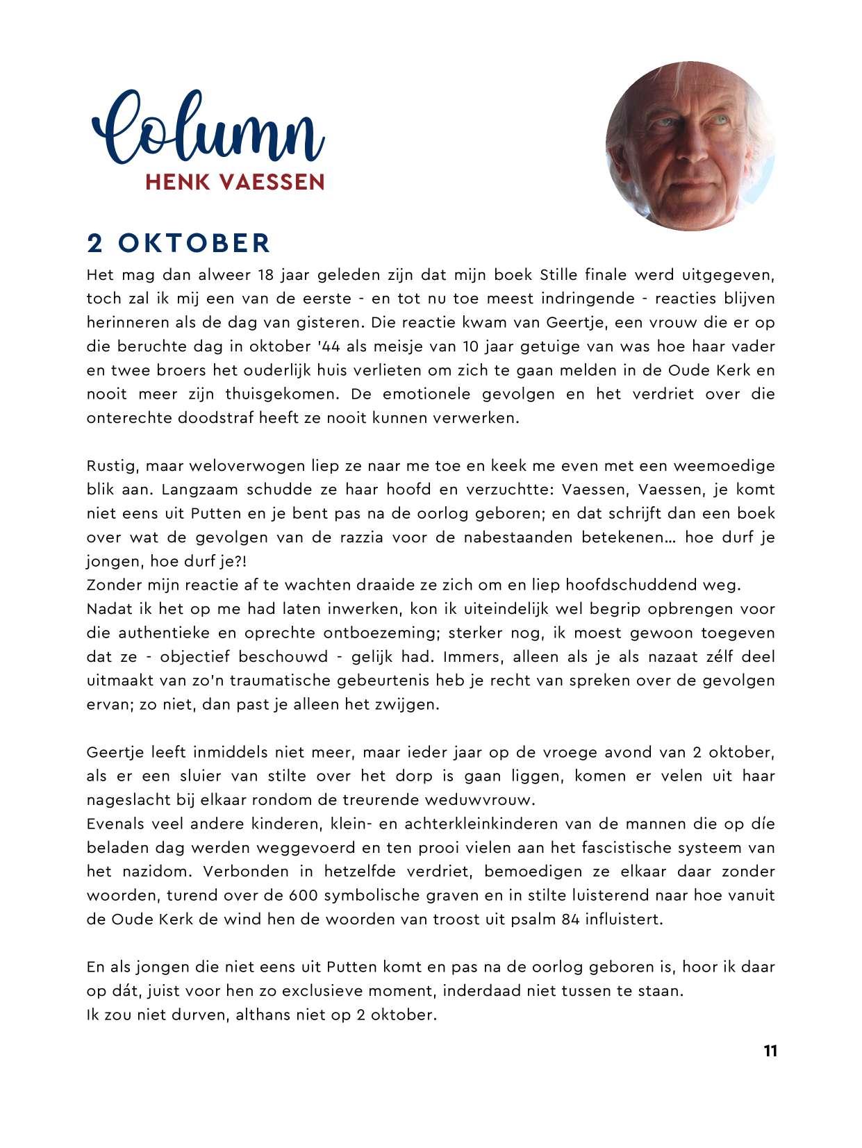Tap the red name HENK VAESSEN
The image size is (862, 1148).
tap(235, 182)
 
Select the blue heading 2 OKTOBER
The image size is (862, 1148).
tap(179, 243)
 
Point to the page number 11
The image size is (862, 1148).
tap(770, 1051)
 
